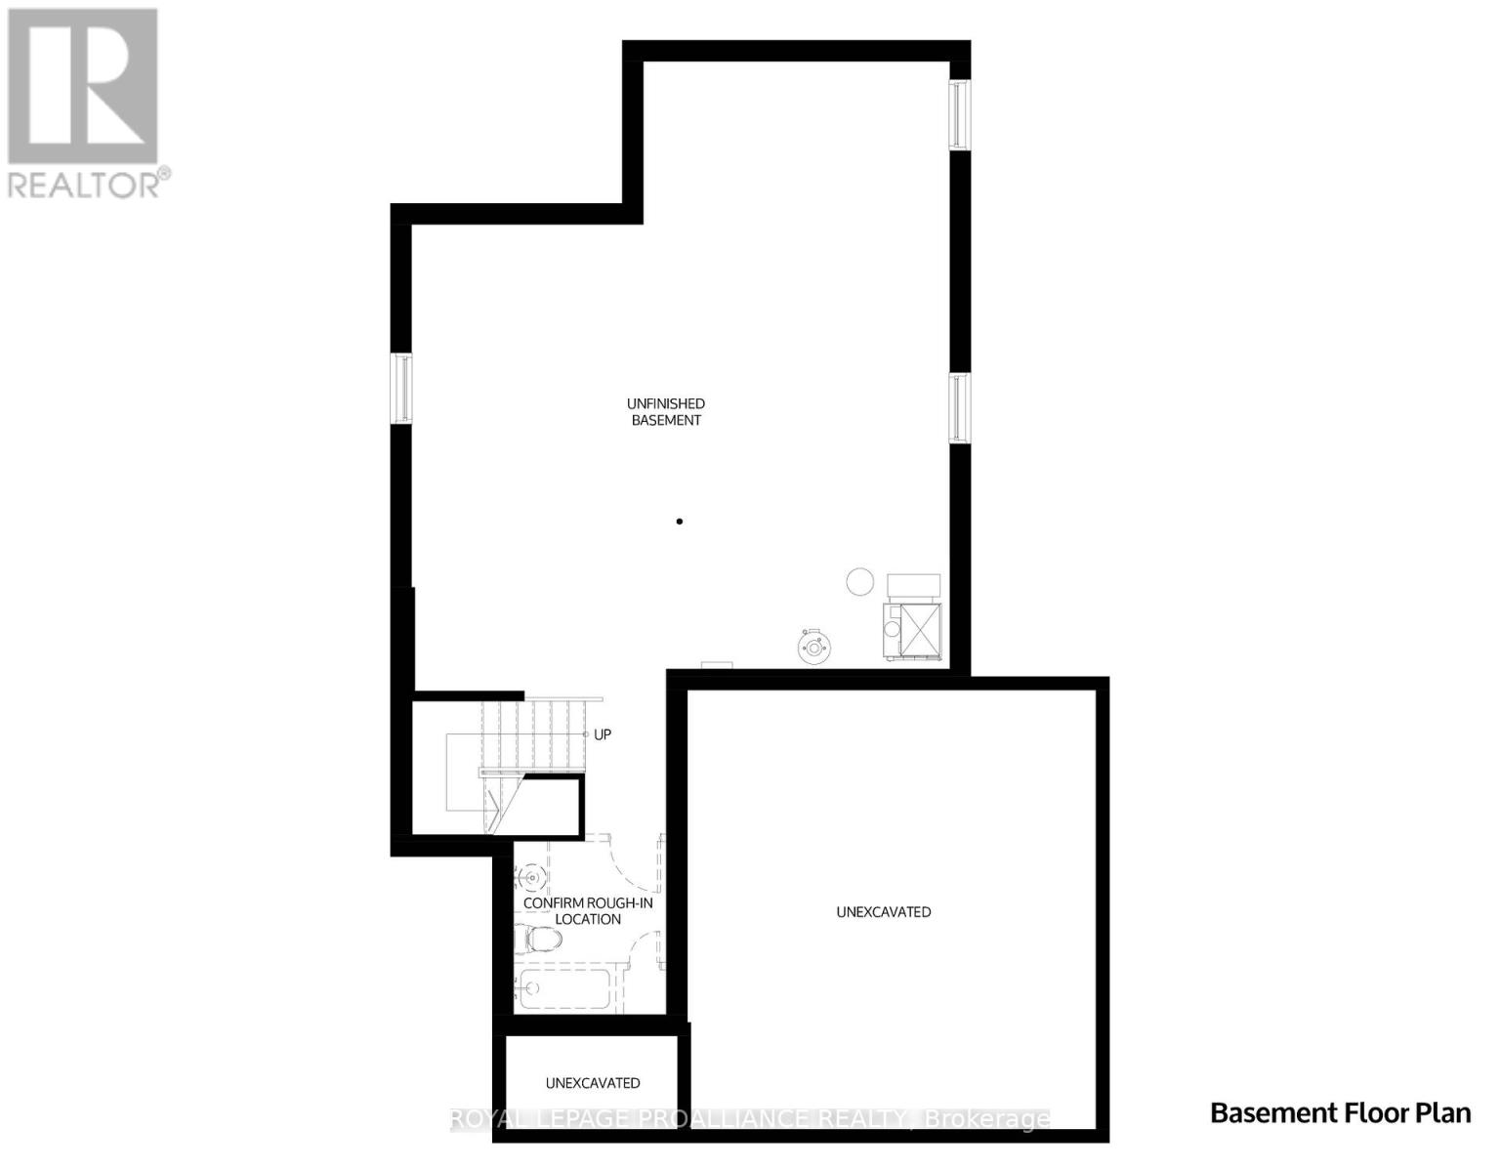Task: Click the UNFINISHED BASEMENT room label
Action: [x=665, y=412]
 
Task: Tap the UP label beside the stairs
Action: [x=603, y=734]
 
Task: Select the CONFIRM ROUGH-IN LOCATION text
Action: [x=588, y=911]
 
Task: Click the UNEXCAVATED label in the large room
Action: [x=884, y=912]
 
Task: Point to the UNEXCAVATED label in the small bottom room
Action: [x=593, y=1083]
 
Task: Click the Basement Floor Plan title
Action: [x=1340, y=1113]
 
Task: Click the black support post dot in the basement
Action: [x=680, y=522]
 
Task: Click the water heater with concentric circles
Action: [x=812, y=646]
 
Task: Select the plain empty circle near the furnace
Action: [x=859, y=581]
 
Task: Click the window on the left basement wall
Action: [x=401, y=389]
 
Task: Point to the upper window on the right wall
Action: [x=961, y=115]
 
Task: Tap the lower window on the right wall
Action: [x=961, y=407]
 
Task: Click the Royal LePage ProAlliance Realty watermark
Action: [x=750, y=1119]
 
